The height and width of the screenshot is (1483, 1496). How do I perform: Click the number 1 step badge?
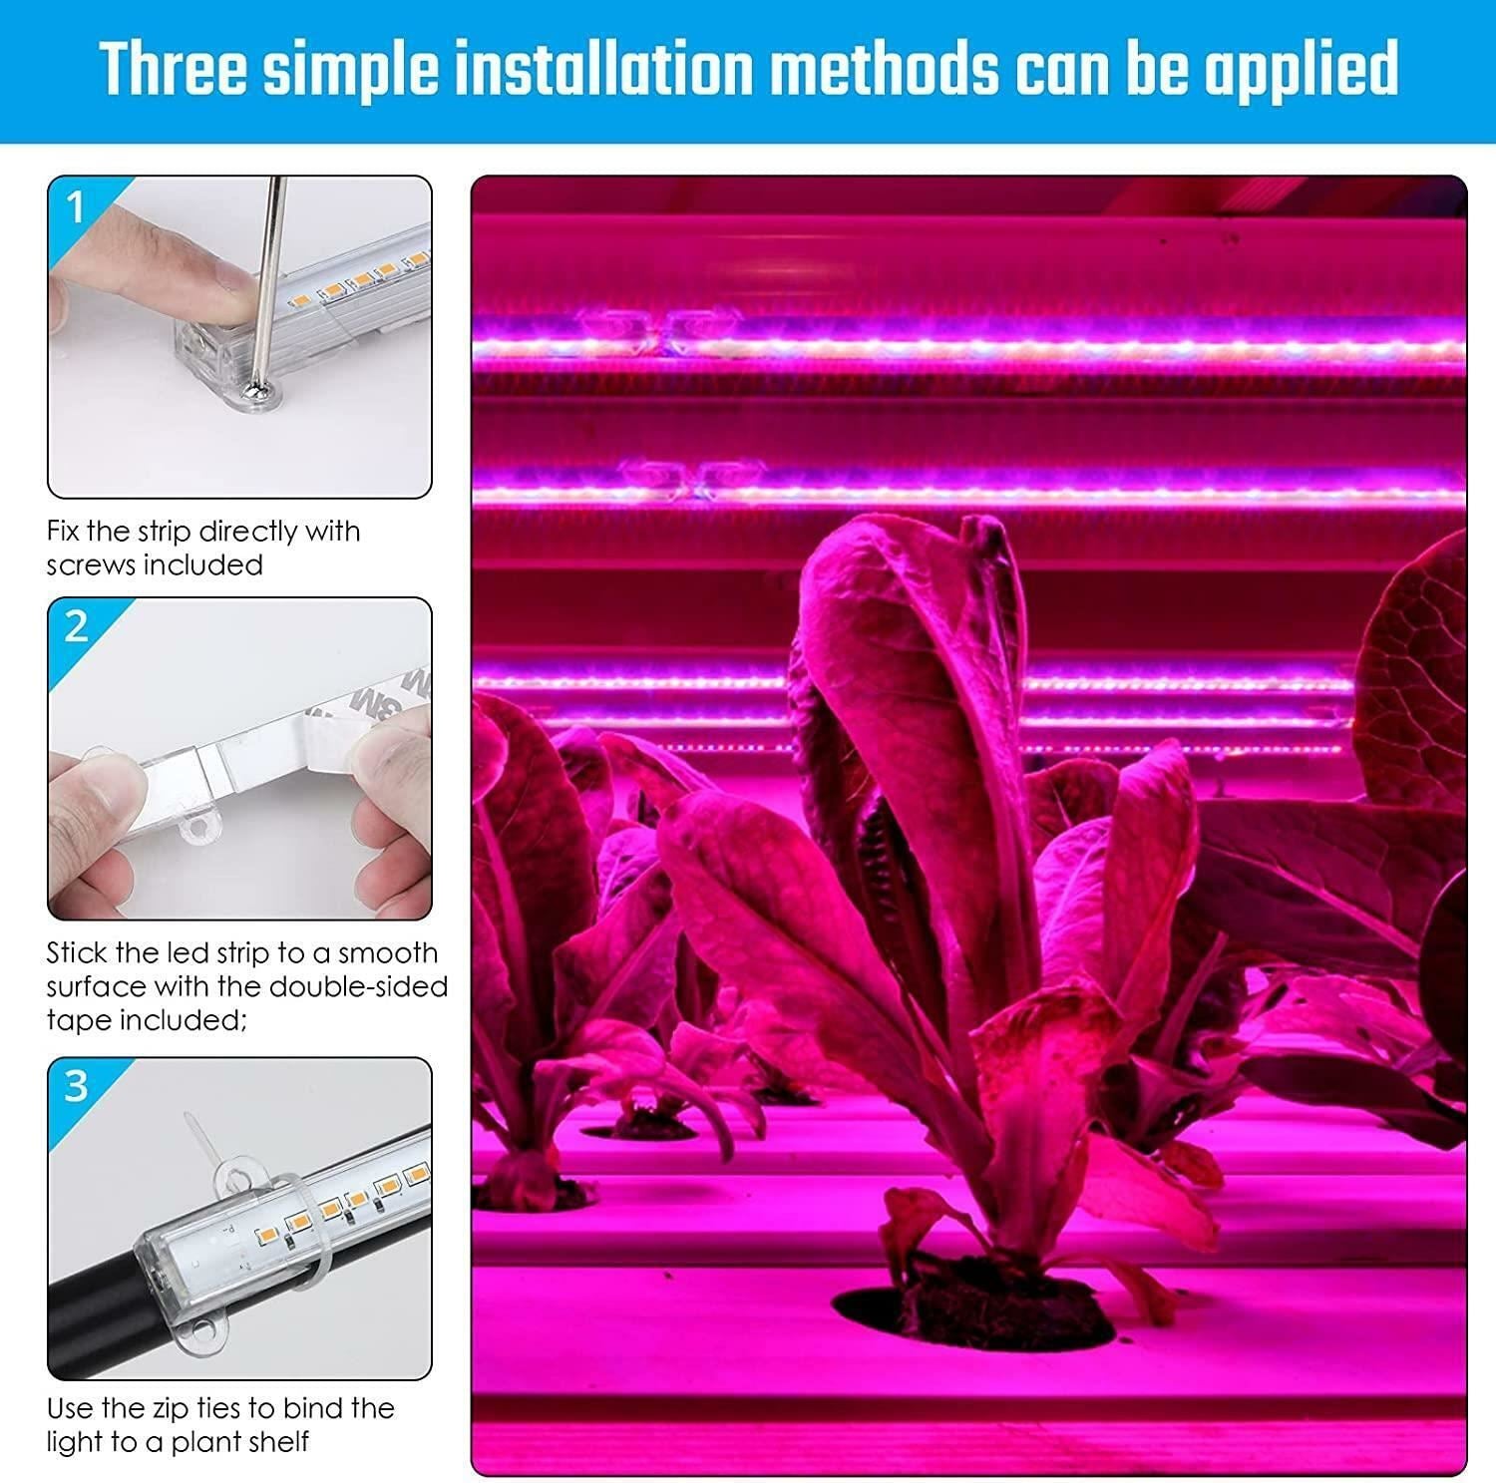click(x=76, y=207)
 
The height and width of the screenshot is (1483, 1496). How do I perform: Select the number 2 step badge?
click(x=76, y=627)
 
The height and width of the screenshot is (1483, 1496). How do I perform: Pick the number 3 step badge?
click(x=76, y=1086)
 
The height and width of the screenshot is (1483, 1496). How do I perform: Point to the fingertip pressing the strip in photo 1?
click(x=224, y=282)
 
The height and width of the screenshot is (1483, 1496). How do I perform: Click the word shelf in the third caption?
click(x=277, y=1442)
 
